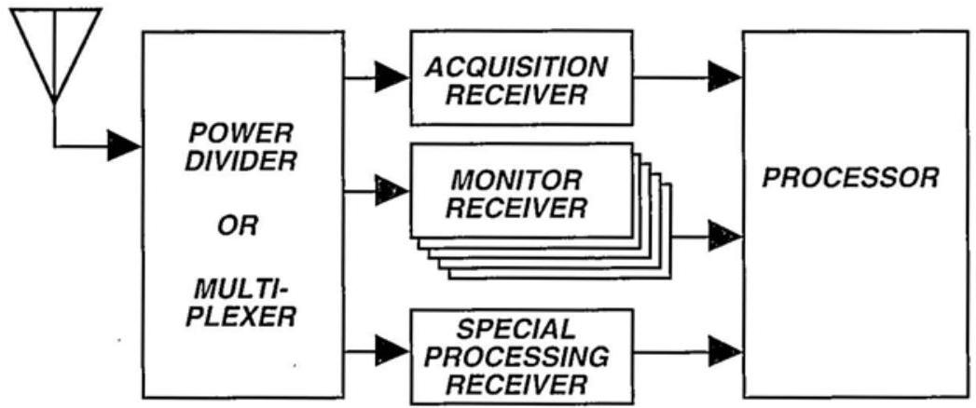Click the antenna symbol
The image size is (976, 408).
coord(53,47)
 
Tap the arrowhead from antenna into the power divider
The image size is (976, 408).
coord(122,145)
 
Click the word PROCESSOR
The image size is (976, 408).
coord(851,178)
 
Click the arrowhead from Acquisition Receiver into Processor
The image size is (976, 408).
coord(723,76)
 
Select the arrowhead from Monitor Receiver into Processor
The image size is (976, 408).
coord(723,237)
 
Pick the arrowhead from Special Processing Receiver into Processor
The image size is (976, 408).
coord(723,352)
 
